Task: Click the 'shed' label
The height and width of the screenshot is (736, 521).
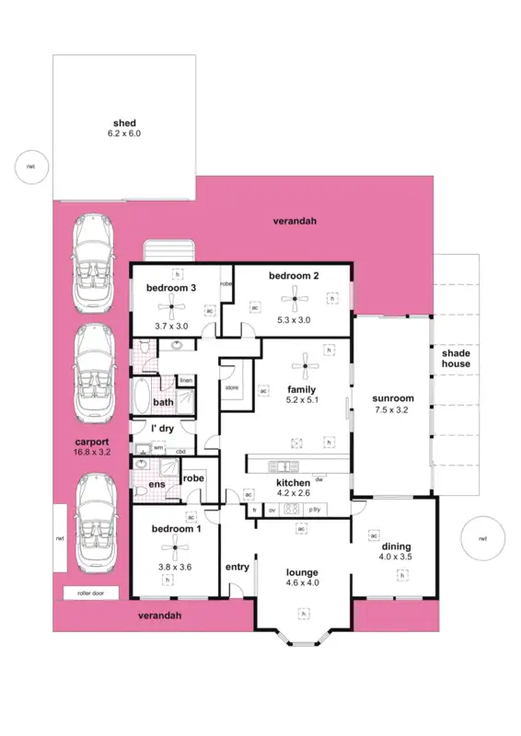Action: (123, 122)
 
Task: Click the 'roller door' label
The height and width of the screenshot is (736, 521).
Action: (84, 594)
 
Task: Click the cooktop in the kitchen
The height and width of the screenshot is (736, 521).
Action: (292, 510)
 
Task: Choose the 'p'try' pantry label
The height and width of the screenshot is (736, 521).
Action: (316, 510)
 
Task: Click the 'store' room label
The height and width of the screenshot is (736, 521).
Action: (232, 387)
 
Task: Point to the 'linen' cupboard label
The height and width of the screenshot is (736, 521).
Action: (186, 380)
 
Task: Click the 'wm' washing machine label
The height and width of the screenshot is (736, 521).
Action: (158, 448)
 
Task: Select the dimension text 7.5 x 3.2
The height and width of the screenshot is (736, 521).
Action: (392, 410)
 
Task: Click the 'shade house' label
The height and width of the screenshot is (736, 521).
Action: (456, 359)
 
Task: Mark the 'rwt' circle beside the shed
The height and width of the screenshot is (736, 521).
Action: (30, 167)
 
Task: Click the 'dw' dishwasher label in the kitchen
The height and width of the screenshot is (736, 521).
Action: (318, 478)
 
